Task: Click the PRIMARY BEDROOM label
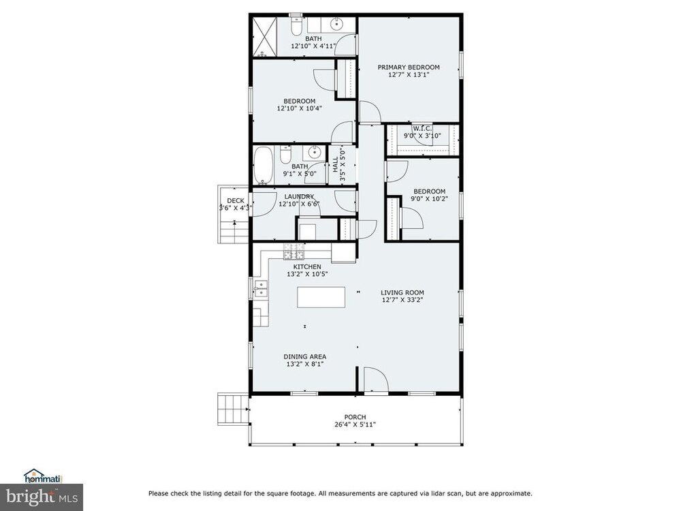point(408,67)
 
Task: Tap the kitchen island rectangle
point(321,297)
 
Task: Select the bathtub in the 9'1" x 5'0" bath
point(263,165)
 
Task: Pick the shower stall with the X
point(264,37)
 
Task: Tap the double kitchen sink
point(261,289)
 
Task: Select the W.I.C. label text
point(422,129)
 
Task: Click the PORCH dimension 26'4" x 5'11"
point(355,424)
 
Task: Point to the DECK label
point(236,200)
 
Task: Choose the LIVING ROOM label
point(402,292)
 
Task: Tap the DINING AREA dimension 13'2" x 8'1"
point(305,364)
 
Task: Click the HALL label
point(335,164)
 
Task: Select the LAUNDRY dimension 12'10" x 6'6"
point(299,204)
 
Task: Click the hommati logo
point(42,476)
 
